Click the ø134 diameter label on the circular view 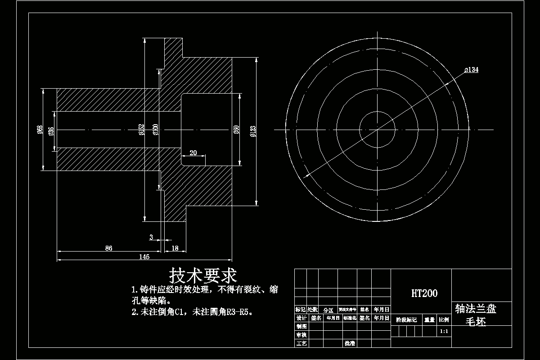[471, 70]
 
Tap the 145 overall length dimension [144, 257]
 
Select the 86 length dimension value [108, 248]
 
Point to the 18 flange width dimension [175, 248]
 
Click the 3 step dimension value [151, 237]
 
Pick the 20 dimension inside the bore [193, 153]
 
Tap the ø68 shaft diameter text [40, 130]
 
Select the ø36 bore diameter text [51, 130]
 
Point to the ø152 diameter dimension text [141, 130]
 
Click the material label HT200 [424, 293]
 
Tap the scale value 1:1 [443, 331]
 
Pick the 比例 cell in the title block [443, 320]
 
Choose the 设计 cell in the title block [301, 318]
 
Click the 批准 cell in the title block [350, 343]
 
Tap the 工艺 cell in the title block [301, 343]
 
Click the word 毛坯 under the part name [476, 322]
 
